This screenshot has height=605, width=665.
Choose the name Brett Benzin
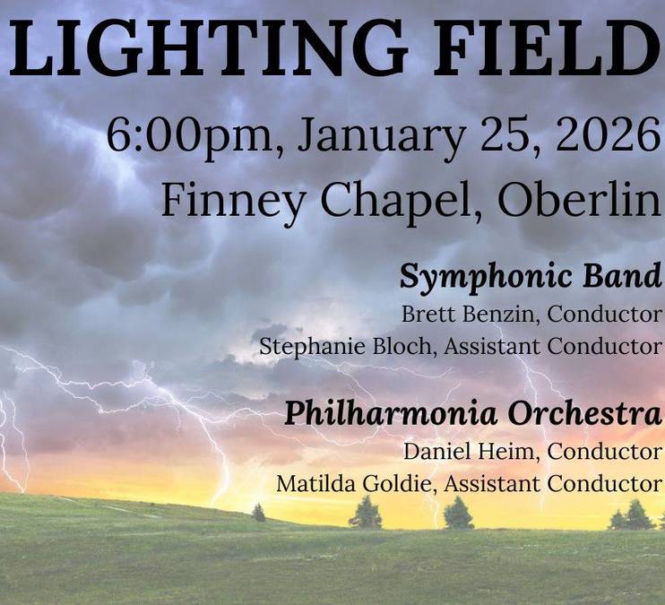click(469, 315)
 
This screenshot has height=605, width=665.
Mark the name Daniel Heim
click(471, 450)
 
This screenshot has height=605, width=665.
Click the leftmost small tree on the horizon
click(259, 512)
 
